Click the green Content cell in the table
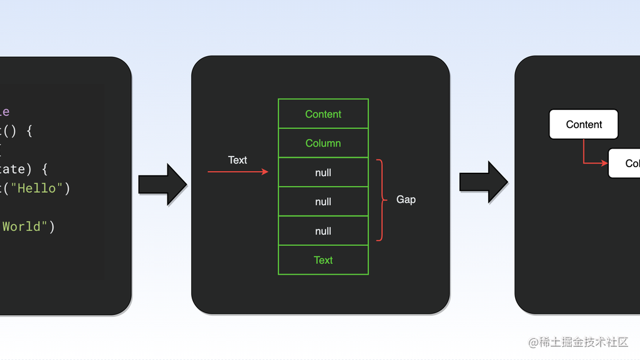coord(323,114)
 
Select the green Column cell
coord(323,144)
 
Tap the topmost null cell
coord(323,173)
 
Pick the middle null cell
coord(323,202)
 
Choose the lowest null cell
coord(323,231)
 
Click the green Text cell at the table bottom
coord(323,260)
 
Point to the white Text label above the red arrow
coord(237,160)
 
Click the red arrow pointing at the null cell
coord(237,172)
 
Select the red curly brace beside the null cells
coord(381,200)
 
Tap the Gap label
coord(406,200)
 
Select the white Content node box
coord(583,125)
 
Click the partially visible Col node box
coord(624,163)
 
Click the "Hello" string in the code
coord(37,188)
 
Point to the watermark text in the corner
coord(578,342)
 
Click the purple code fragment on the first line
coord(4,112)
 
